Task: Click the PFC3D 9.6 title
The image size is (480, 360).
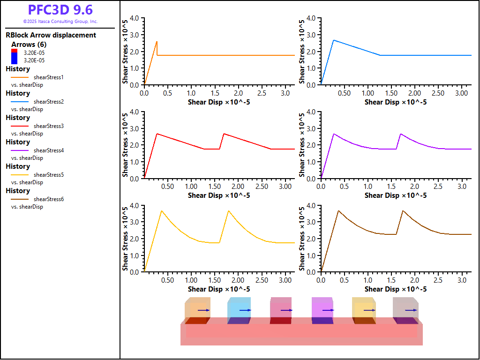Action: (x=60, y=10)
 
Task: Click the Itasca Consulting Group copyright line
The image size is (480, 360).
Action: (x=60, y=22)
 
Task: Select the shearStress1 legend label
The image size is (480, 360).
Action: (x=49, y=77)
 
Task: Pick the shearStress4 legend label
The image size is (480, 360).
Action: (x=49, y=150)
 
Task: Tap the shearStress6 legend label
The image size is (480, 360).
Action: (x=49, y=199)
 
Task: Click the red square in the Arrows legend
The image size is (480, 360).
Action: (x=14, y=51)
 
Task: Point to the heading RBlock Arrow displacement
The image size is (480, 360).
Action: (x=51, y=35)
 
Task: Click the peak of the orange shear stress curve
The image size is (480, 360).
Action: (x=157, y=41)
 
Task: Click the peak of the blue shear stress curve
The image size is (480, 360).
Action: (x=333, y=40)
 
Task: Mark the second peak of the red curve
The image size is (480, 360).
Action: (x=224, y=134)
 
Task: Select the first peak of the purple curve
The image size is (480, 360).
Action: (x=334, y=134)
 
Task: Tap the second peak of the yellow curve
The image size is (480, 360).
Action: (x=228, y=211)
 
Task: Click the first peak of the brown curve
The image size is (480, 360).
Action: (x=338, y=211)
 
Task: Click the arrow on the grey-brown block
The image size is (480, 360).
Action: (x=411, y=310)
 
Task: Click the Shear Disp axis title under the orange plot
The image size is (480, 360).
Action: (x=219, y=102)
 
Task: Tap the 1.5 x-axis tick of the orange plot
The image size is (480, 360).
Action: (x=215, y=93)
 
